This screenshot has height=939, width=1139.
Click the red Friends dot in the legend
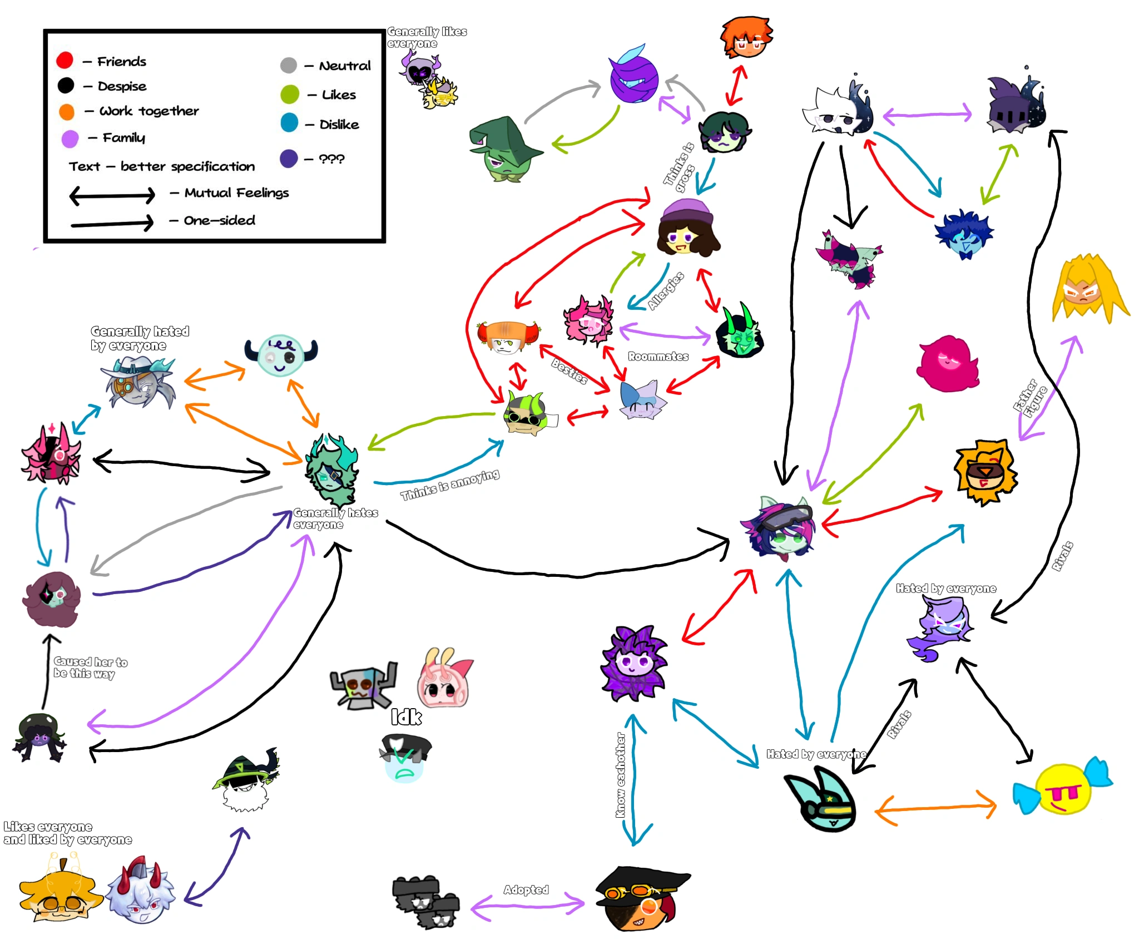[x=65, y=60]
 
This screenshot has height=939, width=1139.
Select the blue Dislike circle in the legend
[x=289, y=123]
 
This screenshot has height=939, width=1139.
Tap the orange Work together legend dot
[x=67, y=111]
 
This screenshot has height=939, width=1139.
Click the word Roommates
[x=658, y=357]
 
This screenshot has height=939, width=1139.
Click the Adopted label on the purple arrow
[x=526, y=889]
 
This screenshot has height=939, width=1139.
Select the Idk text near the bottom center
[x=406, y=717]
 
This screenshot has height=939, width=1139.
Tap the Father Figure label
[x=1030, y=398]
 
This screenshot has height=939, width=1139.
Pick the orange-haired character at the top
[x=746, y=37]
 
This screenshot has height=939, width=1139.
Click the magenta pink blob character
[x=947, y=364]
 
